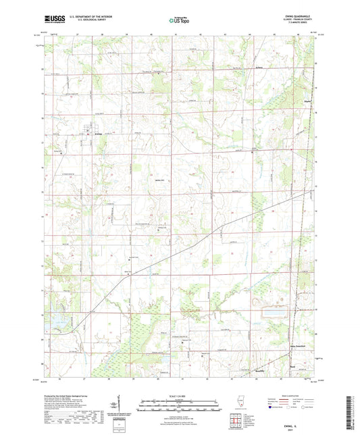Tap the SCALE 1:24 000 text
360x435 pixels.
179,396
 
